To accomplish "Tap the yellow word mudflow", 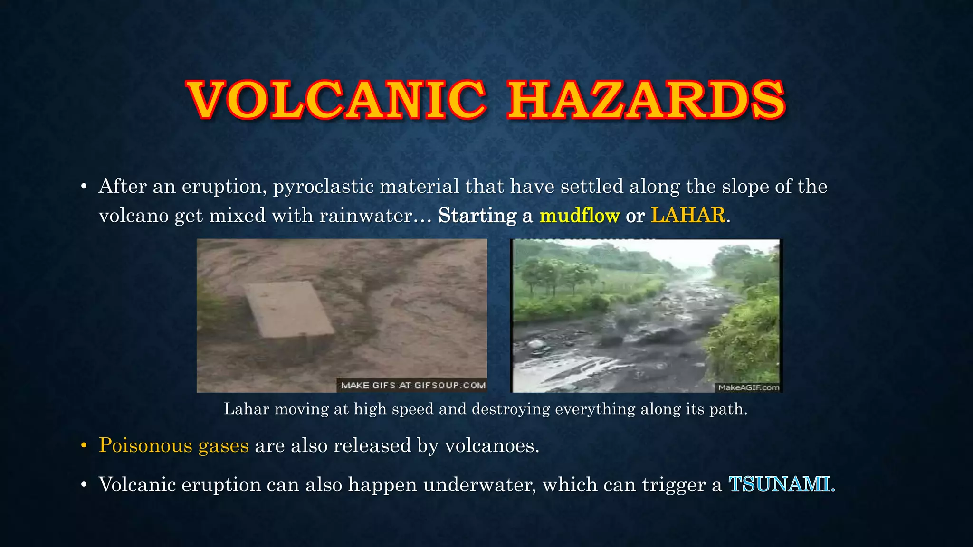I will click(x=580, y=216).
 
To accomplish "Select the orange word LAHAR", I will click(x=688, y=215).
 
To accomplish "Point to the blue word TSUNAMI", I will click(x=780, y=484).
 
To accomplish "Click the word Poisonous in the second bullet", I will click(x=145, y=445).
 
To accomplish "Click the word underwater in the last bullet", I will click(x=479, y=485).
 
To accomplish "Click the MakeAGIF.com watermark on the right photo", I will click(x=748, y=387).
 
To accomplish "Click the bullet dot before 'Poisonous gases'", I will click(x=84, y=445).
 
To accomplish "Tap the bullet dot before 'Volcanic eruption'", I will click(x=84, y=485).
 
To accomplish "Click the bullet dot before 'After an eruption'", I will click(x=84, y=186).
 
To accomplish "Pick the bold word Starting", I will click(x=477, y=216).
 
